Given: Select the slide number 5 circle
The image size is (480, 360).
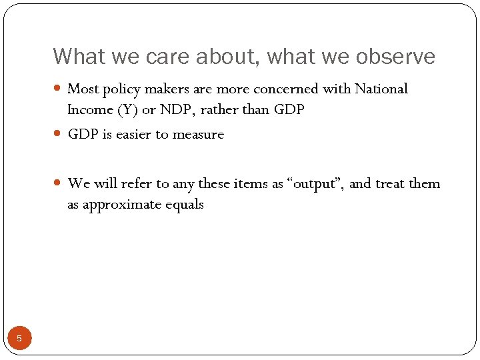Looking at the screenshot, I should (19, 338).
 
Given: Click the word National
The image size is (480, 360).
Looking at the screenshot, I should (381, 89).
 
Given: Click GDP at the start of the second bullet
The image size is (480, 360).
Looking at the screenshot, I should (82, 135).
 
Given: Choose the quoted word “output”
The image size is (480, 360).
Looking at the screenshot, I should (315, 183).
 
